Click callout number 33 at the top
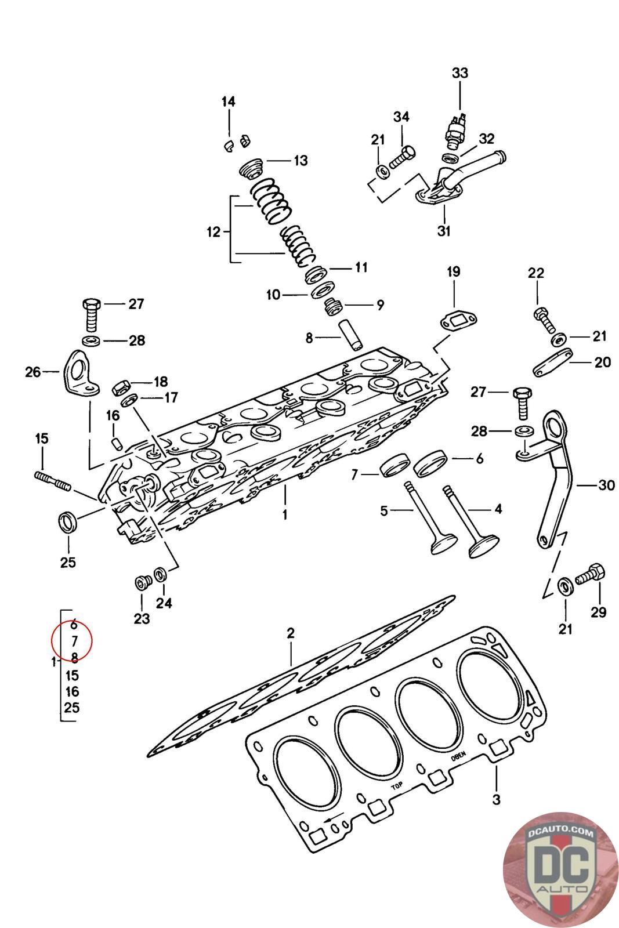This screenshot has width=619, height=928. (459, 73)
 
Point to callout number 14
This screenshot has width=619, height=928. (229, 101)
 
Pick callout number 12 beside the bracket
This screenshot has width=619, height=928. (213, 232)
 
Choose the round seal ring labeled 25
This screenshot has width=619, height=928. (68, 521)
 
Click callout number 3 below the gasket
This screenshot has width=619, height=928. (496, 800)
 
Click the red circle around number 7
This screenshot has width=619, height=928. (72, 640)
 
